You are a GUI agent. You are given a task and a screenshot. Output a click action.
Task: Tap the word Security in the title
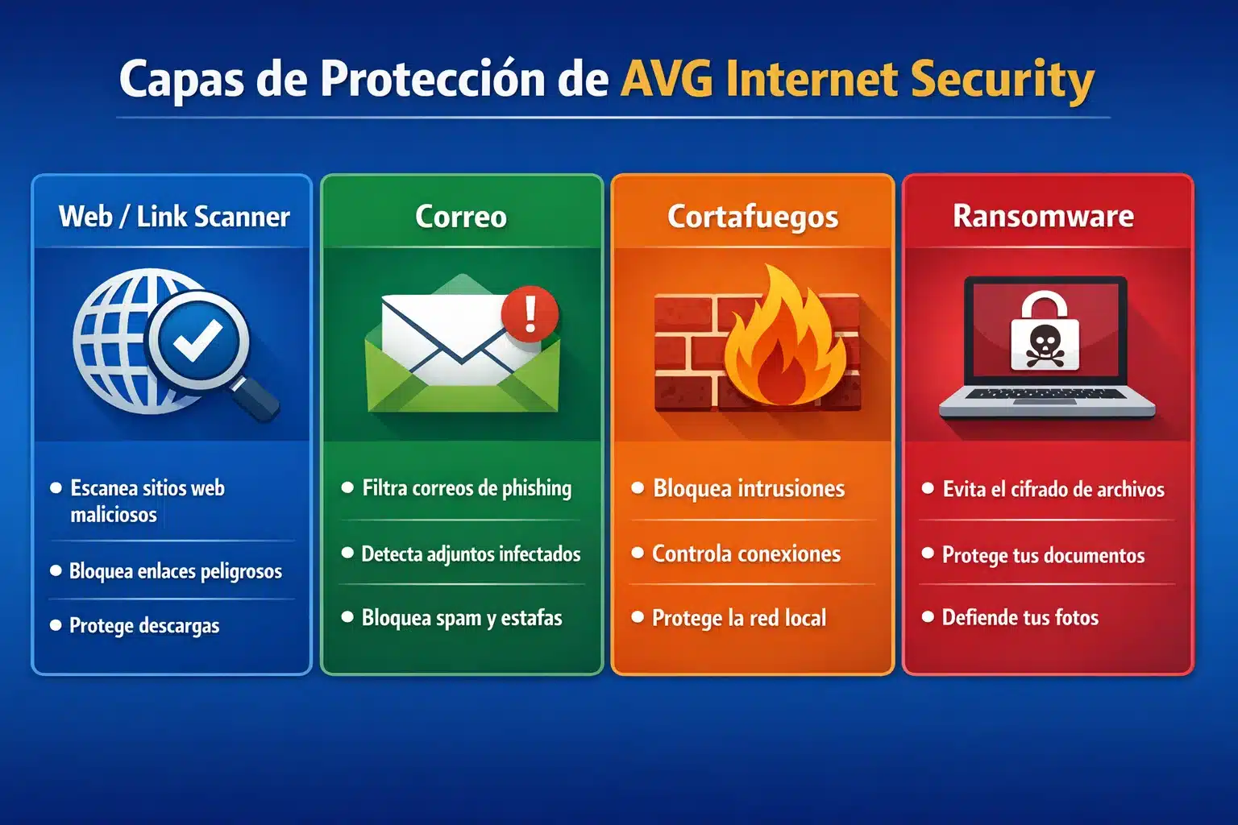tap(1002, 81)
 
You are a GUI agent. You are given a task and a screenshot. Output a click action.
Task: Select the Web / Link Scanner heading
tap(174, 216)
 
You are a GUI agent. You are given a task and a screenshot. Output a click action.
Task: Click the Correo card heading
tap(461, 216)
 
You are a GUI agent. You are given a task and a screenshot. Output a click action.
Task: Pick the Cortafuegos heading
tap(753, 216)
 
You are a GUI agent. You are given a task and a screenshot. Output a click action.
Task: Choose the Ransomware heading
tap(1043, 216)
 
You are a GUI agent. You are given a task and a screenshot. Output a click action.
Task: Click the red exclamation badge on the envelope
tap(530, 313)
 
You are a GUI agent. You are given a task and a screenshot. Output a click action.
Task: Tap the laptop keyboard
tap(1046, 395)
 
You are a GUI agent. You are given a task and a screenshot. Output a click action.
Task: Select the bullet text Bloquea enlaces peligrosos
tap(175, 571)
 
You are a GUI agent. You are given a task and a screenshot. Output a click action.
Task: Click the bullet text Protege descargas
tap(144, 626)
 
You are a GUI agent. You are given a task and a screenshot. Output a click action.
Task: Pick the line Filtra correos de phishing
tap(467, 488)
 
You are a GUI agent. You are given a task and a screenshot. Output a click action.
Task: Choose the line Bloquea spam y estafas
tap(462, 618)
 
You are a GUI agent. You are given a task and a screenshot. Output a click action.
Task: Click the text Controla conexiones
tap(746, 553)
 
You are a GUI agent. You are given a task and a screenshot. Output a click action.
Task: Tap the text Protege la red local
tap(739, 618)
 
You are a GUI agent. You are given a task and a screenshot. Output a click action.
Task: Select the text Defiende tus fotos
tap(1020, 618)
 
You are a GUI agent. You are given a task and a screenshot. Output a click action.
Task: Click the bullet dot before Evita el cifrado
tap(928, 488)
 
